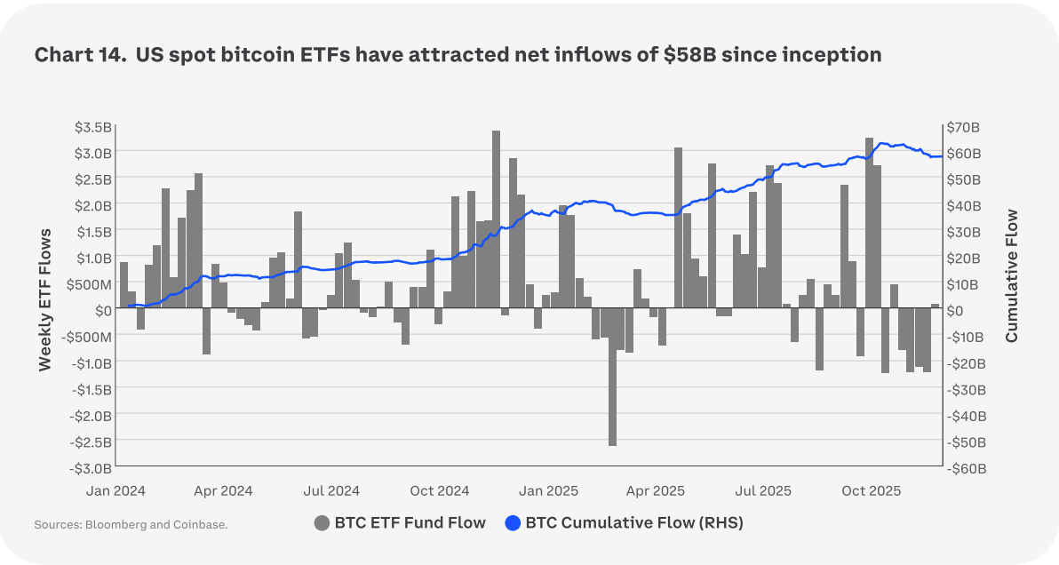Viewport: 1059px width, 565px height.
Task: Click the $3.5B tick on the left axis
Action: [x=93, y=126]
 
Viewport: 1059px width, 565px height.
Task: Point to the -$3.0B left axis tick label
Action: [x=92, y=467]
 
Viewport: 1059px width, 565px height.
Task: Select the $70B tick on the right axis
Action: [x=965, y=126]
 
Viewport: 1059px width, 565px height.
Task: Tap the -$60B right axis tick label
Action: [x=966, y=467]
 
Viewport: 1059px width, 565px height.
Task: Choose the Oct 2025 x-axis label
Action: [x=872, y=490]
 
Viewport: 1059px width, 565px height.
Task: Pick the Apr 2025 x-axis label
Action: [x=656, y=490]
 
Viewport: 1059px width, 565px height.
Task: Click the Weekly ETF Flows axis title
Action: [x=45, y=298]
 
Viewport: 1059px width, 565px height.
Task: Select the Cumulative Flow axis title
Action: [x=1012, y=275]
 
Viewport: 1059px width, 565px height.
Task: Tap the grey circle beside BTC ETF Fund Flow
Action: [x=322, y=522]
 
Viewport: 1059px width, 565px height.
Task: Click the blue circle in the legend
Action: [x=513, y=522]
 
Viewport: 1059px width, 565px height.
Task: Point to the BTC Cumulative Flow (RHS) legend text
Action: [x=634, y=522]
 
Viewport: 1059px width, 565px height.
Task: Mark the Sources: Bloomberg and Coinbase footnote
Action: [x=131, y=524]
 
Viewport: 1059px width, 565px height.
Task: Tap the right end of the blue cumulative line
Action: [x=941, y=156]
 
